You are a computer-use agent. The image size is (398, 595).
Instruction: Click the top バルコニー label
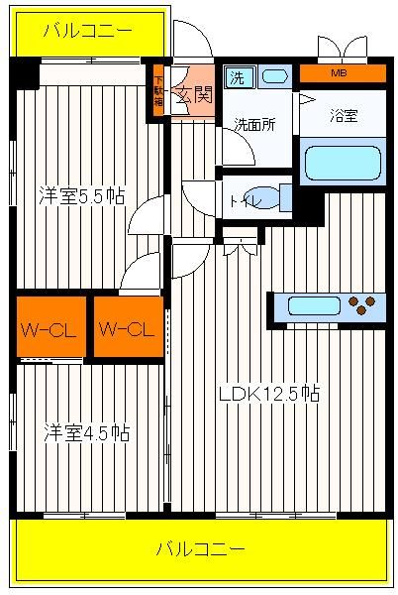(x=88, y=31)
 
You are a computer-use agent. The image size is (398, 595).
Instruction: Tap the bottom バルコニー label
(x=201, y=548)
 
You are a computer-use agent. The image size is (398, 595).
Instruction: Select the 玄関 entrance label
(x=195, y=94)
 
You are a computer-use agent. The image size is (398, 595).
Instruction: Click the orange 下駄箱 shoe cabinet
(x=158, y=91)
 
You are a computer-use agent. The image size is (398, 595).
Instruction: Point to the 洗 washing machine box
(x=238, y=77)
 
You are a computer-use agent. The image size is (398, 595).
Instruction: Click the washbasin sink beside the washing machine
(x=275, y=76)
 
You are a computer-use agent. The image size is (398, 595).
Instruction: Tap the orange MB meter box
(x=343, y=73)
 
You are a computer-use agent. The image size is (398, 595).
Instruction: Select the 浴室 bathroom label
(x=344, y=115)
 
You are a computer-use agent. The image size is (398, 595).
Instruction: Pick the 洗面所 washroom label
(x=254, y=125)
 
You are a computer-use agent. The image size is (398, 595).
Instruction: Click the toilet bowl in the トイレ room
(x=265, y=197)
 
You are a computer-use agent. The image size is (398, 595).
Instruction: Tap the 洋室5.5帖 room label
(x=82, y=195)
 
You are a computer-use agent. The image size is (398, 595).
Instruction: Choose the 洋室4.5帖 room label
(x=87, y=432)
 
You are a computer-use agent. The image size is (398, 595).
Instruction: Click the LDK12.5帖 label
(x=269, y=394)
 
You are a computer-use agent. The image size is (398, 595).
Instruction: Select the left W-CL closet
(x=51, y=326)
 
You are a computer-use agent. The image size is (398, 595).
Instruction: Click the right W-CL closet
(x=129, y=326)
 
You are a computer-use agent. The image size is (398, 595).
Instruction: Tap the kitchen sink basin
(x=314, y=305)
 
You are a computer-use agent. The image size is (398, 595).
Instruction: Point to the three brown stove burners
(x=361, y=305)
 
